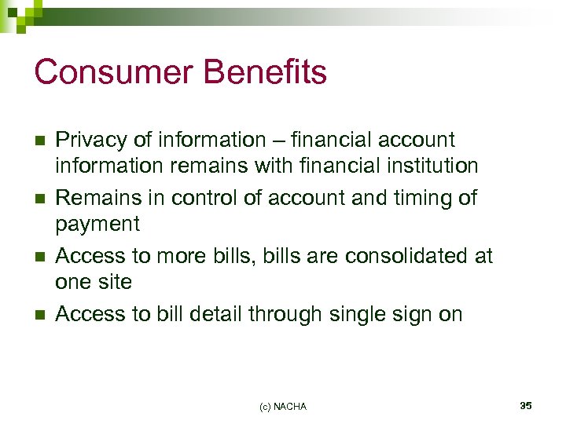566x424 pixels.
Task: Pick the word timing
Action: click(x=411, y=198)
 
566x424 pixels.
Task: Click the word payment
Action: click(x=97, y=225)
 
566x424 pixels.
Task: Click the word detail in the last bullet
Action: click(x=215, y=314)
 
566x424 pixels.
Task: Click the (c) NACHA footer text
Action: click(x=283, y=406)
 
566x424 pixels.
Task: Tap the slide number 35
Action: click(x=525, y=405)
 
